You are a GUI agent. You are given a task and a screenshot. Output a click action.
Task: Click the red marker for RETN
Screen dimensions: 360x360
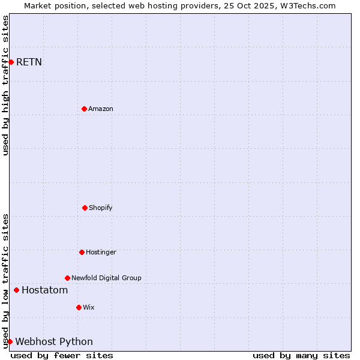[11, 62]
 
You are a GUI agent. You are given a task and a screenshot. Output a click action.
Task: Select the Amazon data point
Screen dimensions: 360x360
[84, 109]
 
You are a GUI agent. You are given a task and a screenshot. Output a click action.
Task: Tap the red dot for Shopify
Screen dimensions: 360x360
[85, 208]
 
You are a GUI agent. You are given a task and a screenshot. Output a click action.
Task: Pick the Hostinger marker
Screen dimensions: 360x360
[82, 252]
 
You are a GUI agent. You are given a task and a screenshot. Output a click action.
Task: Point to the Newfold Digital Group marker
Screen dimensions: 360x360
[67, 278]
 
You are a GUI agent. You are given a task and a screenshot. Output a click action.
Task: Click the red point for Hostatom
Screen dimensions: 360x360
[16, 290]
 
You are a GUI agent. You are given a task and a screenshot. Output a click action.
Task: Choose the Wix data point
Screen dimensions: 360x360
[79, 307]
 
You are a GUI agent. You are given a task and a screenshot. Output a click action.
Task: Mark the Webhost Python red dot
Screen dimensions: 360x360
[10, 342]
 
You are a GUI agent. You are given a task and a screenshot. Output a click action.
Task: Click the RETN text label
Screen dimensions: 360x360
[29, 62]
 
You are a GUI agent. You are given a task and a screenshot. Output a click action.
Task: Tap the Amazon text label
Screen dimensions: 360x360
[101, 109]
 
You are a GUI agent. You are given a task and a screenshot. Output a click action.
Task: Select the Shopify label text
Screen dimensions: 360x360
[101, 208]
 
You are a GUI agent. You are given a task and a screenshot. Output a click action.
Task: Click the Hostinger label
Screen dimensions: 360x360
[101, 252]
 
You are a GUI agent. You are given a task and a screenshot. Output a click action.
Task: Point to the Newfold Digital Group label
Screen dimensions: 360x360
[106, 278]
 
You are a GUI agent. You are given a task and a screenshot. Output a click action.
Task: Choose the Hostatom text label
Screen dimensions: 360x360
[44, 290]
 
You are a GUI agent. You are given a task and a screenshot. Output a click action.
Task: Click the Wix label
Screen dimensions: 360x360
[89, 307]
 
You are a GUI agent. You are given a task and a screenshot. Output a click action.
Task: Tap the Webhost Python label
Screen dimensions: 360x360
[54, 342]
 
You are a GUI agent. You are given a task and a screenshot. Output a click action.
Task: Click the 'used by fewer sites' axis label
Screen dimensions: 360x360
[62, 355]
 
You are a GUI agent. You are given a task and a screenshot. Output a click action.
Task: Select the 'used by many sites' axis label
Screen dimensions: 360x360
[301, 355]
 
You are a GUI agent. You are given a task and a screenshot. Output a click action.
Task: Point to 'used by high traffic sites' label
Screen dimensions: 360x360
[6, 85]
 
